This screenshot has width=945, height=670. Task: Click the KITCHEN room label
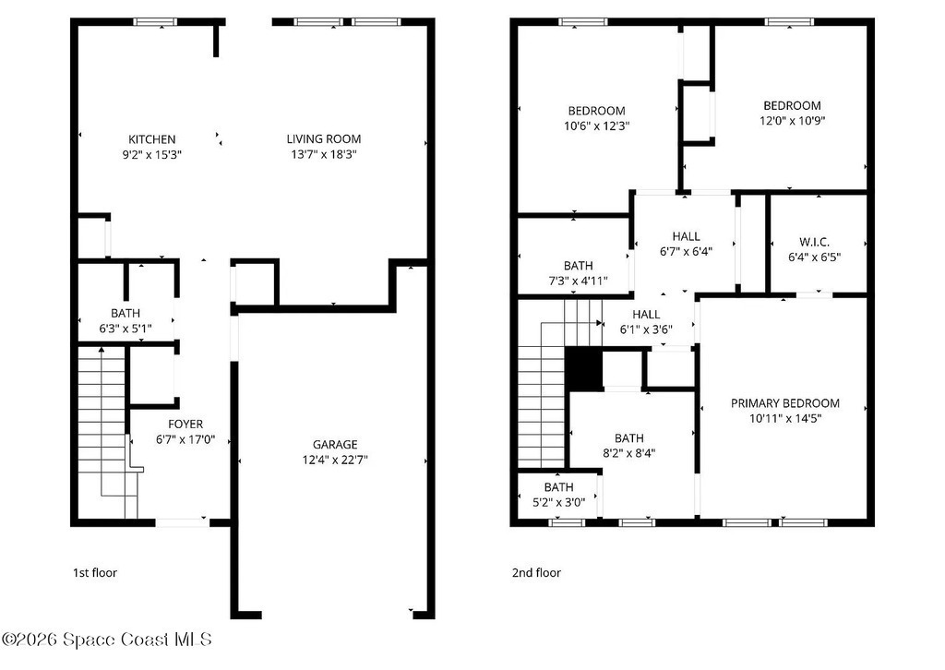[152, 139]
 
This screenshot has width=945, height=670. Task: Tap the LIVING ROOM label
[324, 139]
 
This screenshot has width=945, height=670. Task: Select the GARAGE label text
[335, 445]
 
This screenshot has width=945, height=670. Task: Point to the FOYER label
[185, 425]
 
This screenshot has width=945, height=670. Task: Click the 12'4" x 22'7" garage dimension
[335, 461]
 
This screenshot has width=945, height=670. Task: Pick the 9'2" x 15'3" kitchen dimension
[152, 155]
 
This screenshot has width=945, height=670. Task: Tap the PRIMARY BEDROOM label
[785, 403]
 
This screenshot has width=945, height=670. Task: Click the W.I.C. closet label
[814, 242]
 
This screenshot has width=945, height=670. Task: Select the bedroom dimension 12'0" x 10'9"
[792, 121]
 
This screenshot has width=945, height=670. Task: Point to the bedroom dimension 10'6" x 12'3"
[597, 126]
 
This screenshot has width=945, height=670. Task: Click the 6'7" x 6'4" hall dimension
[686, 252]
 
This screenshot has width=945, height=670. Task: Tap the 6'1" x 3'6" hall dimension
[646, 329]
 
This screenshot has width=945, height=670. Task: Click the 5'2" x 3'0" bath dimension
[558, 502]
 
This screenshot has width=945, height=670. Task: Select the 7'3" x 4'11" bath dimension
[578, 281]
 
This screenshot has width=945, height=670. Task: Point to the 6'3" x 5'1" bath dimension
[126, 329]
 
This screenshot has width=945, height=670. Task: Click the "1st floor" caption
[95, 572]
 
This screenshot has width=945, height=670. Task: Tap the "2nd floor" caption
[536, 572]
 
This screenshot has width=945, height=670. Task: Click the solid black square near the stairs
[583, 369]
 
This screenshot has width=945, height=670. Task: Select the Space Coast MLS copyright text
[107, 640]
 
